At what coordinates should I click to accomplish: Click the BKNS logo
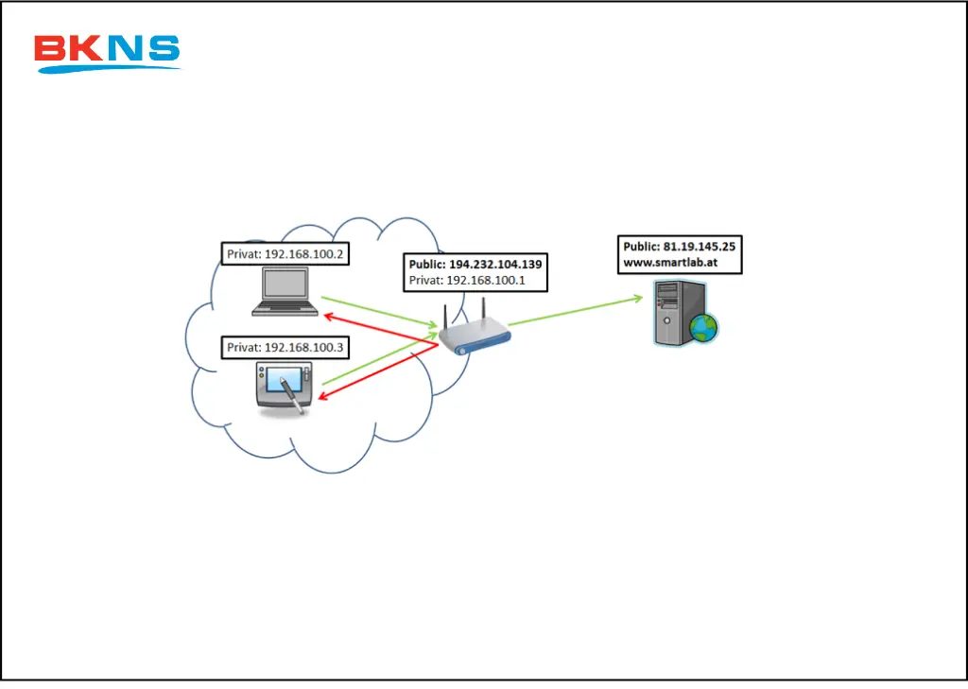click(x=106, y=53)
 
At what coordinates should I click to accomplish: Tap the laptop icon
click(x=285, y=290)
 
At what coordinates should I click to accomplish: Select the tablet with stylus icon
click(x=284, y=388)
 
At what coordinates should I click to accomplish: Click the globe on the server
click(x=703, y=328)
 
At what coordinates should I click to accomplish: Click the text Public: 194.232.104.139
click(x=475, y=265)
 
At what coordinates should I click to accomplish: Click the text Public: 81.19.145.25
click(x=679, y=247)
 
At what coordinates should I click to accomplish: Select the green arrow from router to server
click(x=577, y=312)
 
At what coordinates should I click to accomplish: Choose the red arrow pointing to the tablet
click(x=373, y=373)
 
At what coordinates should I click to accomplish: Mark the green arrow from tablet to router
click(x=378, y=362)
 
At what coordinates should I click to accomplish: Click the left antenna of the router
click(x=445, y=318)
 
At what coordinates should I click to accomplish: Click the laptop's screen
click(x=285, y=284)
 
